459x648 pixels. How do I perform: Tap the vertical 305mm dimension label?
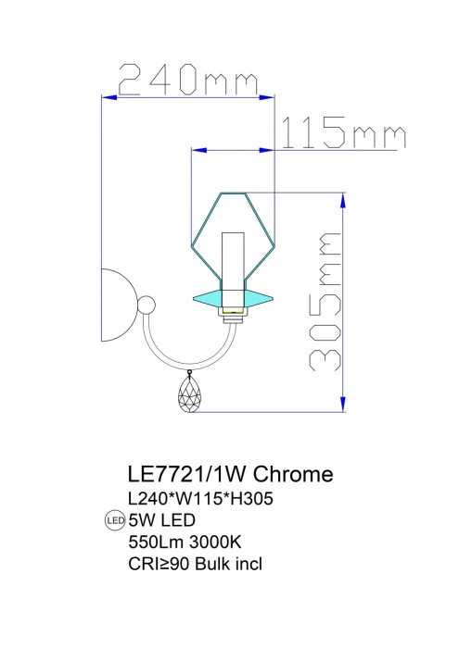323,302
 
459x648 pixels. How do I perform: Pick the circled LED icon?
116,520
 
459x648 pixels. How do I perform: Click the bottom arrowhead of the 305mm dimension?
345,405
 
